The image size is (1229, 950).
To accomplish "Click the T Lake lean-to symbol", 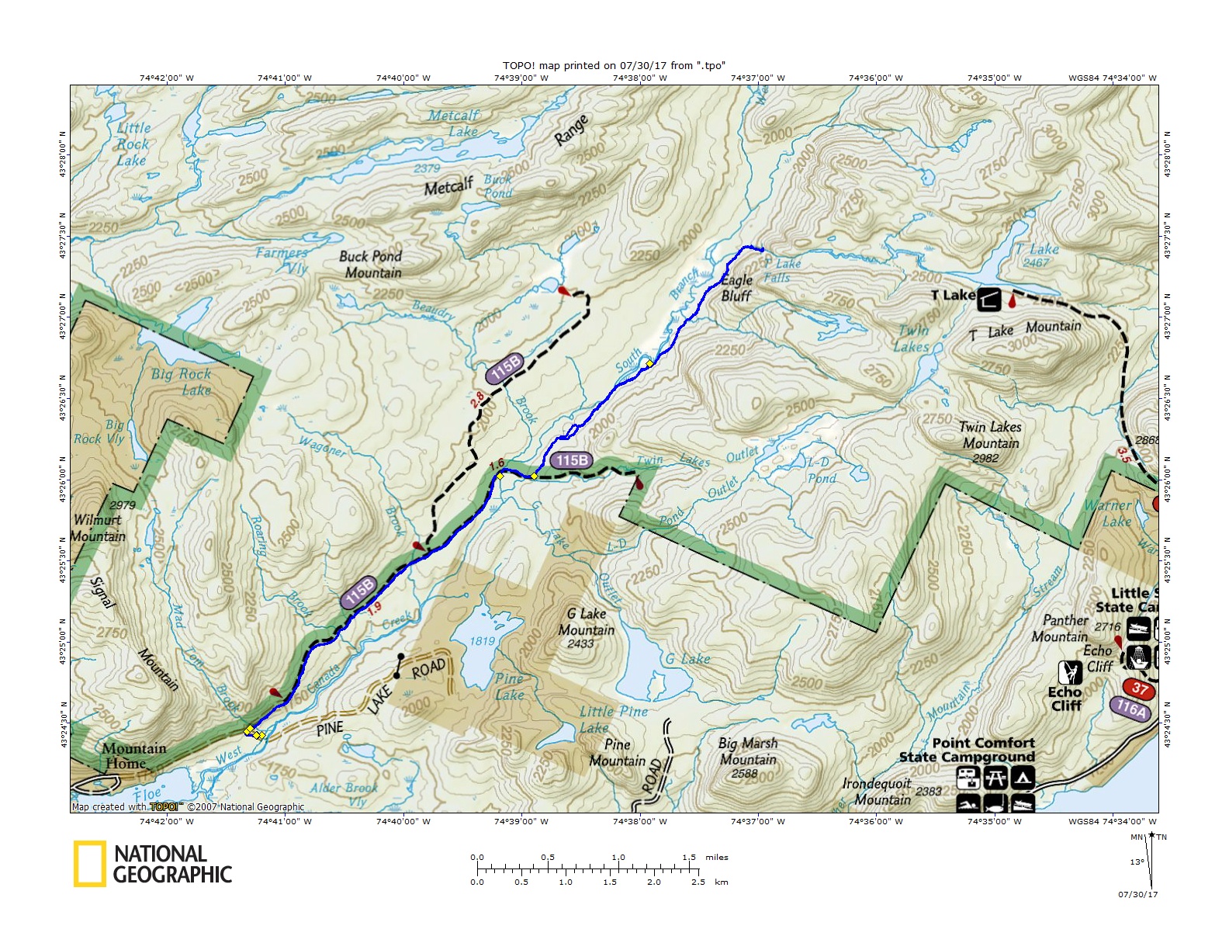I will (988, 299).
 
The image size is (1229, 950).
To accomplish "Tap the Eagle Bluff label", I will (736, 288).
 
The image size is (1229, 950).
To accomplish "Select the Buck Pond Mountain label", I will (372, 265).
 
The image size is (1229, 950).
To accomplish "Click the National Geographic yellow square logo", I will (90, 864).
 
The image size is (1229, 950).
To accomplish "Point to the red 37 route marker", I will (1139, 688).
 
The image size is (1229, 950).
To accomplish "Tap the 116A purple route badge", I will (1130, 708).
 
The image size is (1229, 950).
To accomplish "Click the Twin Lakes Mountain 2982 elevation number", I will (985, 458).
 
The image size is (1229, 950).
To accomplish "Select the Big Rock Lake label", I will (182, 381).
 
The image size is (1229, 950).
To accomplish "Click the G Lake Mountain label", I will (586, 622).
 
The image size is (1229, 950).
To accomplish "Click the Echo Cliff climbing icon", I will (1071, 672).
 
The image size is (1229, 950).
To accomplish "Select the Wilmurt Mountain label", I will (98, 528).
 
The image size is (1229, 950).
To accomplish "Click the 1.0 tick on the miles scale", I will (618, 858).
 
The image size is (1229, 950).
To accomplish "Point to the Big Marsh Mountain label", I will (748, 751).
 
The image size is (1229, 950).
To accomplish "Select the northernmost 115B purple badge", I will (505, 368).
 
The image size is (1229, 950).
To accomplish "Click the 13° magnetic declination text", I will (1136, 862).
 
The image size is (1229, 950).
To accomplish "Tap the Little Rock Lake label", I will (133, 144).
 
